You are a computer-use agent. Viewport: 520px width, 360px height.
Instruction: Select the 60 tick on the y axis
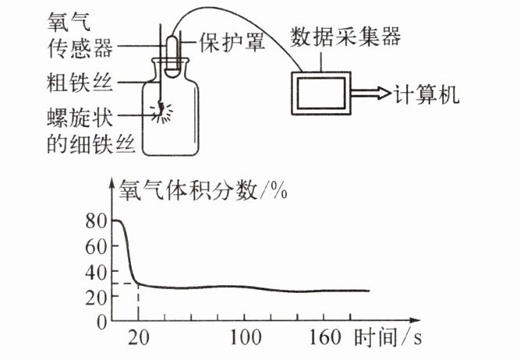95,246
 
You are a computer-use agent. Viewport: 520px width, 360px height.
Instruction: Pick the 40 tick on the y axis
95,271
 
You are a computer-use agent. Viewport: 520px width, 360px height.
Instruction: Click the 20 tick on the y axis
95,296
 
